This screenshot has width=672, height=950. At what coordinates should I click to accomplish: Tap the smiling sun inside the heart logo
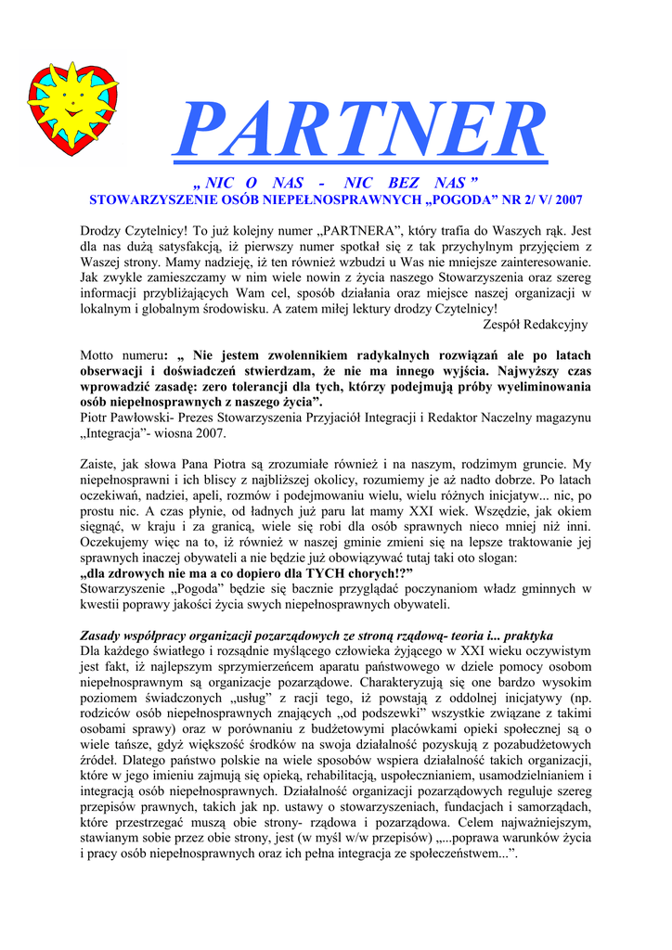68,97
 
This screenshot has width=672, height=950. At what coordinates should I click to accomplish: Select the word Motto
99,355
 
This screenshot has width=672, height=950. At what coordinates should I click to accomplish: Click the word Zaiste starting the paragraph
99,464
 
